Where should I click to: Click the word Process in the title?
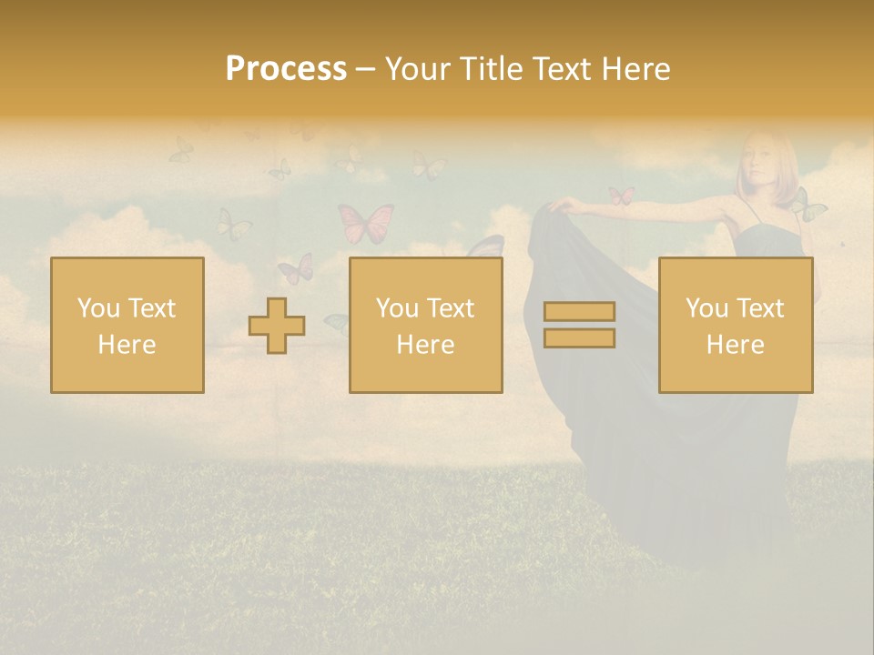[x=286, y=69]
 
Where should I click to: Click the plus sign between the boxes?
[x=277, y=326]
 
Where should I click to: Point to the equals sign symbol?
[x=579, y=325]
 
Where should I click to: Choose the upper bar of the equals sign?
[x=579, y=312]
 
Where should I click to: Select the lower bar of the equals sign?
[x=579, y=338]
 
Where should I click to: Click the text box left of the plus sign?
[x=127, y=325]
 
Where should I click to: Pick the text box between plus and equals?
[x=425, y=325]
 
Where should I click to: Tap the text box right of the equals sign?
[x=736, y=325]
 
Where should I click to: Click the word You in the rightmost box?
[x=706, y=308]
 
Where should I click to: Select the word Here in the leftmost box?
[x=127, y=345]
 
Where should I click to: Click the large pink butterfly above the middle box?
[x=366, y=222]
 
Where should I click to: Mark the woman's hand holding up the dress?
[x=557, y=205]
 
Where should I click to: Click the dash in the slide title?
[x=366, y=70]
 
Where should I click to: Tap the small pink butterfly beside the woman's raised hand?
[x=622, y=196]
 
